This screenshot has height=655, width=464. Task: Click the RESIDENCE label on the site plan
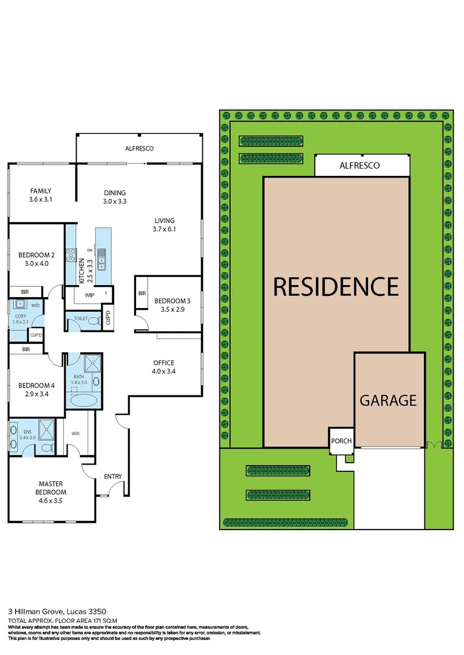(x=336, y=286)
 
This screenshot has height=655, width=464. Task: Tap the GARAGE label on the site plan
(x=388, y=400)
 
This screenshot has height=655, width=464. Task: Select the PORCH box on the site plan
(x=341, y=441)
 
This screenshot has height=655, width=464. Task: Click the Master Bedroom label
(x=52, y=488)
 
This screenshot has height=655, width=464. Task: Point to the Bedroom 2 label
(x=36, y=259)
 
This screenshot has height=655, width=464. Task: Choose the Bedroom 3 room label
(x=172, y=305)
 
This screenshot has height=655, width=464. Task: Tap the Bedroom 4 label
(x=36, y=389)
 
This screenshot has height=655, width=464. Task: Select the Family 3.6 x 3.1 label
(x=41, y=195)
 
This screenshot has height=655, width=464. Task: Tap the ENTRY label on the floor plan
(x=113, y=477)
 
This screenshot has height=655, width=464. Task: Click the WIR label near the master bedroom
(x=77, y=434)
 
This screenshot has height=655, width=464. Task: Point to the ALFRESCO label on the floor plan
(x=139, y=148)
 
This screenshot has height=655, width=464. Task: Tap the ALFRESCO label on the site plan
(x=360, y=165)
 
